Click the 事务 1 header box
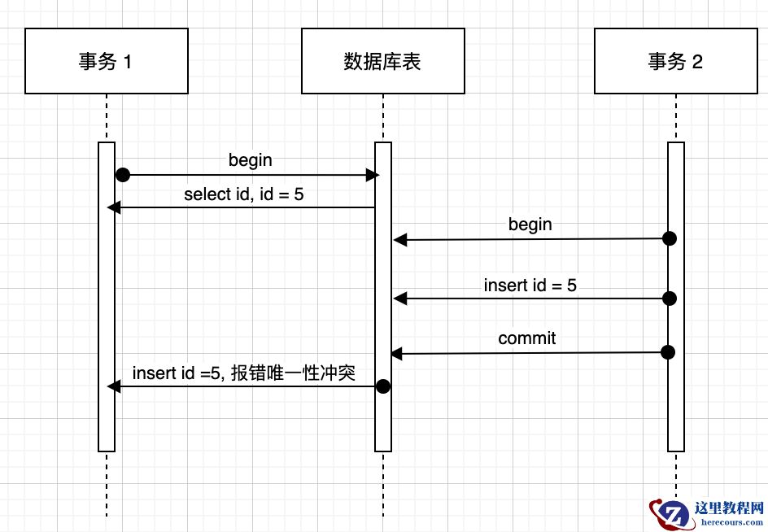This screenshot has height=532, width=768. pos(106,61)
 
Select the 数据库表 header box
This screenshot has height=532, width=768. pos(382,61)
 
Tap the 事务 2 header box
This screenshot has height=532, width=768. pos(675,61)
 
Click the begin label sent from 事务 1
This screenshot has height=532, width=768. pos(250,160)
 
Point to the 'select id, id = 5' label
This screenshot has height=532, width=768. pos(244,194)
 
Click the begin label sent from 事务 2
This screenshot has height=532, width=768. pos(530,224)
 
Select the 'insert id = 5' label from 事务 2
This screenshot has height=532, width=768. pos(530,285)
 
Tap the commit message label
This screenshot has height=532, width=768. pos(526,338)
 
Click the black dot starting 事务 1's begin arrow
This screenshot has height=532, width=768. pos(123,175)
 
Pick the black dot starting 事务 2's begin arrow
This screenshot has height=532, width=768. pos(669,238)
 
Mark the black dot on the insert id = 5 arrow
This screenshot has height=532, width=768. pos(669,299)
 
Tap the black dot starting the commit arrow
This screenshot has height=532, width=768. pos(669,352)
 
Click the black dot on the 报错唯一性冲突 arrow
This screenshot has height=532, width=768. pos(383,386)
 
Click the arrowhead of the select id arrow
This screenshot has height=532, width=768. pos(113,208)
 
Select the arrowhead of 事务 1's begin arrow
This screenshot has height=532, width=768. pos(373,175)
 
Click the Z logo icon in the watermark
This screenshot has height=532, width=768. pos(669,513)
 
